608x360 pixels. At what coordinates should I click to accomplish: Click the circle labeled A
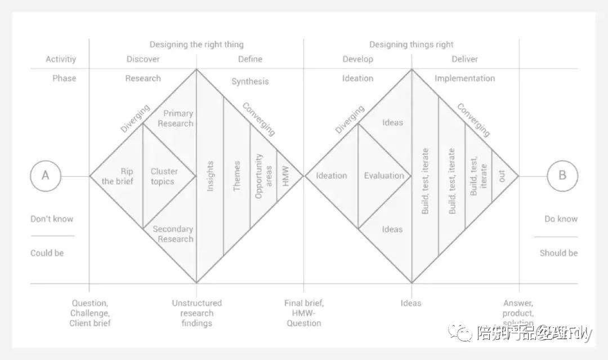pyautogui.click(x=46, y=176)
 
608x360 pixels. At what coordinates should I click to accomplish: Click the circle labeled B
pyautogui.click(x=562, y=176)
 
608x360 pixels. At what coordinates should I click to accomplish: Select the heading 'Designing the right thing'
pyautogui.click(x=196, y=45)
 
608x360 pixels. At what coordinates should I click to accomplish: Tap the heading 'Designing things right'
pyautogui.click(x=411, y=45)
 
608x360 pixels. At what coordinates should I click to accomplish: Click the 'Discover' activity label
pyautogui.click(x=143, y=59)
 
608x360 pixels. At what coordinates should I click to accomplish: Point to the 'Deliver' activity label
pyautogui.click(x=464, y=59)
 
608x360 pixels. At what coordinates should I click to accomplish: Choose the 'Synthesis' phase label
pyautogui.click(x=250, y=82)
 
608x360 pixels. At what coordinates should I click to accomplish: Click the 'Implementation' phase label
pyautogui.click(x=464, y=78)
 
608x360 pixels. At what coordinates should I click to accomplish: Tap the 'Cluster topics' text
pyautogui.click(x=164, y=176)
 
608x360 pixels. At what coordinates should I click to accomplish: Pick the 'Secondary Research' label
pyautogui.click(x=173, y=234)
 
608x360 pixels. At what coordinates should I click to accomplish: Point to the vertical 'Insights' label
pyautogui.click(x=211, y=176)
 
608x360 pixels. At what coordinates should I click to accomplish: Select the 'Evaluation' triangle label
pyautogui.click(x=384, y=176)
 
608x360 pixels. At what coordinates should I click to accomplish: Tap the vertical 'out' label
pyautogui.click(x=502, y=176)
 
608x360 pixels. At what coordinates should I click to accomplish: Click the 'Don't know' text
pyautogui.click(x=52, y=219)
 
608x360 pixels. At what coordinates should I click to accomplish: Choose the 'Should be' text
pyautogui.click(x=558, y=254)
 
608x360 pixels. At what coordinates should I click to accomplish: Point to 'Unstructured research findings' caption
pyautogui.click(x=197, y=313)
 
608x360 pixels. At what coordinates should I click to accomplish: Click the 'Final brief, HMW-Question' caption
pyautogui.click(x=304, y=313)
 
